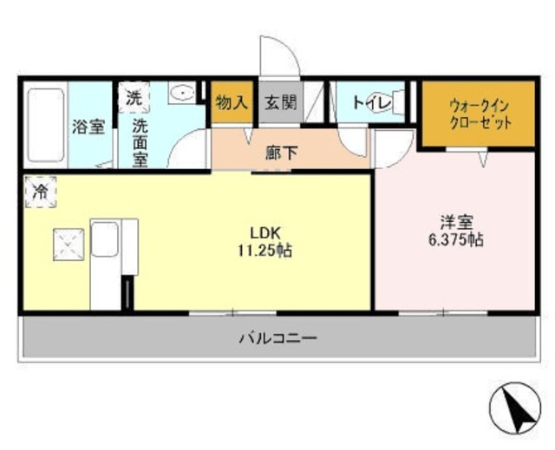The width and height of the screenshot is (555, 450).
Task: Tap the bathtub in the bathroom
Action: [45, 126]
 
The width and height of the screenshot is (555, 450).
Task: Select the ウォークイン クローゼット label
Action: [480, 113]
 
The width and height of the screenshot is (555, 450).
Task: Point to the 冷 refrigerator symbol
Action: [39, 192]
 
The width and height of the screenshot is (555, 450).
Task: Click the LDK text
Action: [265, 232]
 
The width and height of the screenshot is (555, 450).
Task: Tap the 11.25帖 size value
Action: [265, 251]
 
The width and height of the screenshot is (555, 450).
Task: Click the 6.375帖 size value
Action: [455, 240]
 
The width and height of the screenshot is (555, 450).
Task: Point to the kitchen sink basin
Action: [104, 238]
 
